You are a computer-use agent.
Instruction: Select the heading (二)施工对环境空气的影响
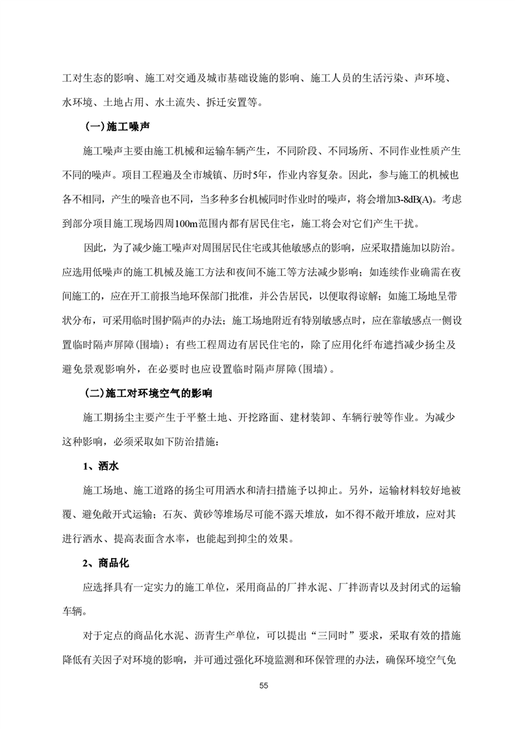click(x=149, y=394)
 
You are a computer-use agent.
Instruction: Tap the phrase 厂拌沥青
click(x=361, y=587)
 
